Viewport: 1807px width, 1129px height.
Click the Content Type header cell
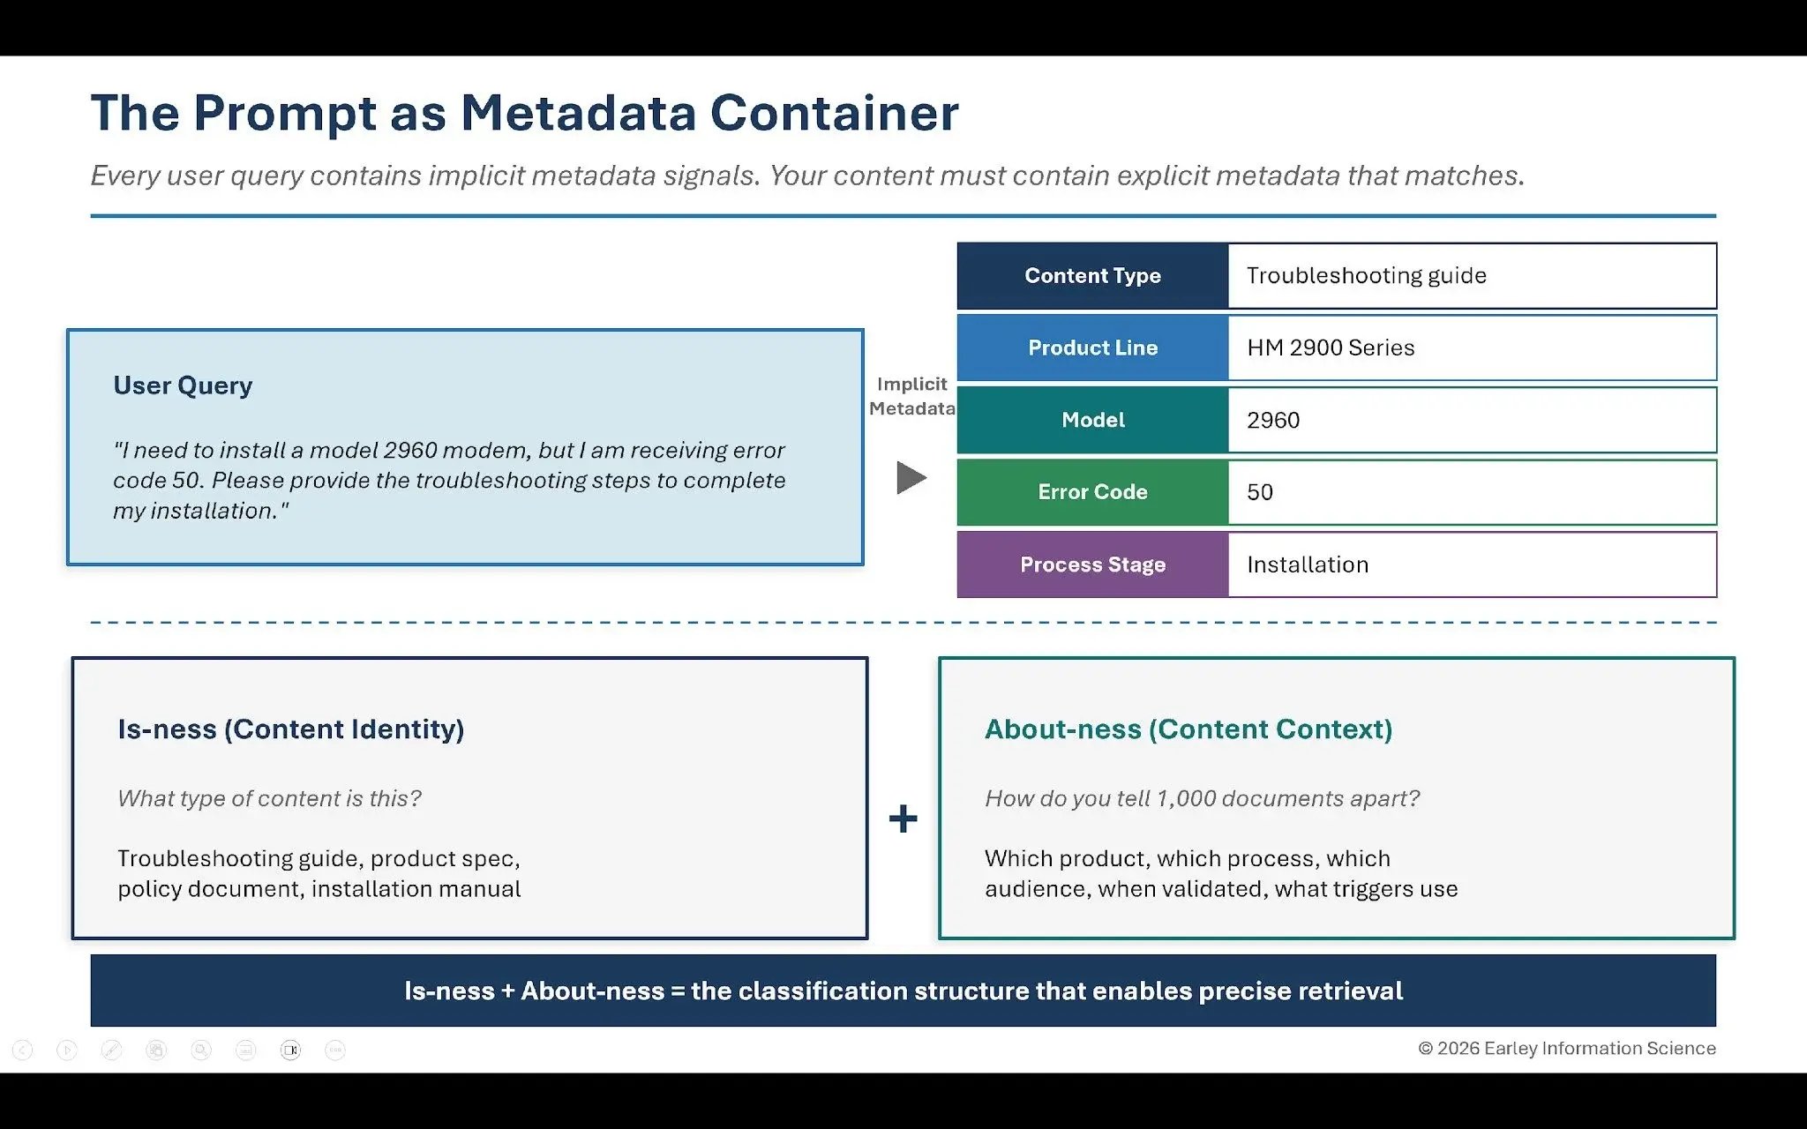coord(1092,275)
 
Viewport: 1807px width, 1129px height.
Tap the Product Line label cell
coord(1092,348)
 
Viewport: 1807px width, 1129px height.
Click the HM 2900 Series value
coord(1330,348)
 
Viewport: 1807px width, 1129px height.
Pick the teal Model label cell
coord(1092,420)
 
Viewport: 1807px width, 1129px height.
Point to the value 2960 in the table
coord(1272,420)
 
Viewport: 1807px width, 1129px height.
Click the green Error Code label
coord(1092,492)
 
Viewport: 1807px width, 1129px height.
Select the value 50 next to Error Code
coord(1259,492)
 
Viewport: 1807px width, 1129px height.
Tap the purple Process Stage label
coord(1092,564)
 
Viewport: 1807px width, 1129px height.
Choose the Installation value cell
coord(1307,564)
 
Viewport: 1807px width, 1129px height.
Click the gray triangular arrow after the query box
coord(911,478)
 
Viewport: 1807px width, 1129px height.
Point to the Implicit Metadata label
coord(911,396)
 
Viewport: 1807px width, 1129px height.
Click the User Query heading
coord(183,385)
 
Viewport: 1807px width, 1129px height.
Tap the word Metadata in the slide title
coord(578,113)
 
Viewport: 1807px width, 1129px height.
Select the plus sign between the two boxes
coord(903,819)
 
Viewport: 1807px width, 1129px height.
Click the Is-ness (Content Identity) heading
coord(290,729)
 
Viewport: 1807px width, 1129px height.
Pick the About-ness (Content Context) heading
coord(1188,729)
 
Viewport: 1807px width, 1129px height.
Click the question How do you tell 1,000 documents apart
coord(1202,798)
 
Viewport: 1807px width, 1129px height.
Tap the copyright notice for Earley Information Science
coord(1566,1048)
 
